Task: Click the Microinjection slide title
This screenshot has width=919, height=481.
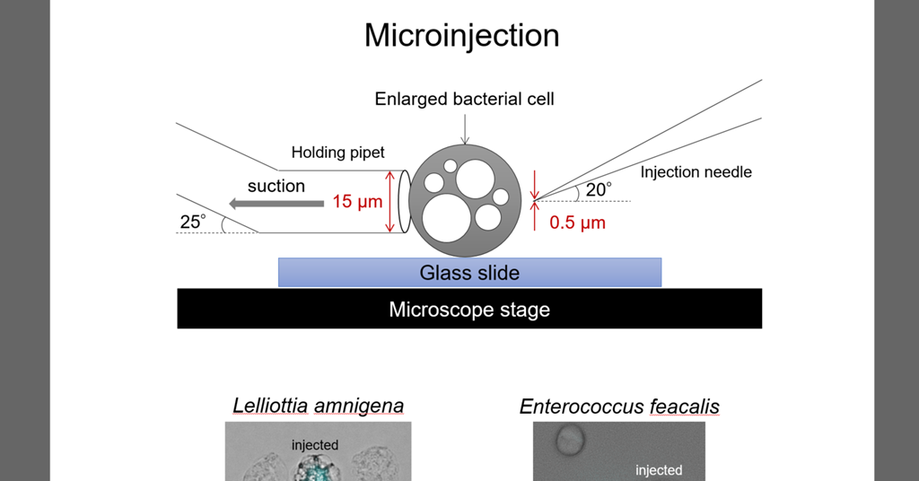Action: tap(461, 36)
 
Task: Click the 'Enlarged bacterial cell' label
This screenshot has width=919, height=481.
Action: tap(464, 99)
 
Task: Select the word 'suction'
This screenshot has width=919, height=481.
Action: tap(276, 186)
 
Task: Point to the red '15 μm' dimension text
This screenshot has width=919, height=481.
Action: tap(357, 202)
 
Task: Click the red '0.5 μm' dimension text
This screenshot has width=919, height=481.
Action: tap(577, 223)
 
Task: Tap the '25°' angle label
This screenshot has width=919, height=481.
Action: tap(193, 221)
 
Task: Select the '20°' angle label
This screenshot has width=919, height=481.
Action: tap(598, 190)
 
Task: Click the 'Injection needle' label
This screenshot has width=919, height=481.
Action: tap(696, 171)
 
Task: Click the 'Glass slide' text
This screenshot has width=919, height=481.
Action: tap(469, 273)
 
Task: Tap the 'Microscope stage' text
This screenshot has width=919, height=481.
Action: tap(469, 310)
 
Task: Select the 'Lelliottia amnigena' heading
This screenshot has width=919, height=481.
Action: tap(318, 406)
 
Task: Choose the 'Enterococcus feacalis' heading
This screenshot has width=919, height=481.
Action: tap(619, 407)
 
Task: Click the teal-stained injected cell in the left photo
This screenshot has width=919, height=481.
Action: tap(315, 468)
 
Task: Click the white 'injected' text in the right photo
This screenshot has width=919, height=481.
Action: tap(659, 470)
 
